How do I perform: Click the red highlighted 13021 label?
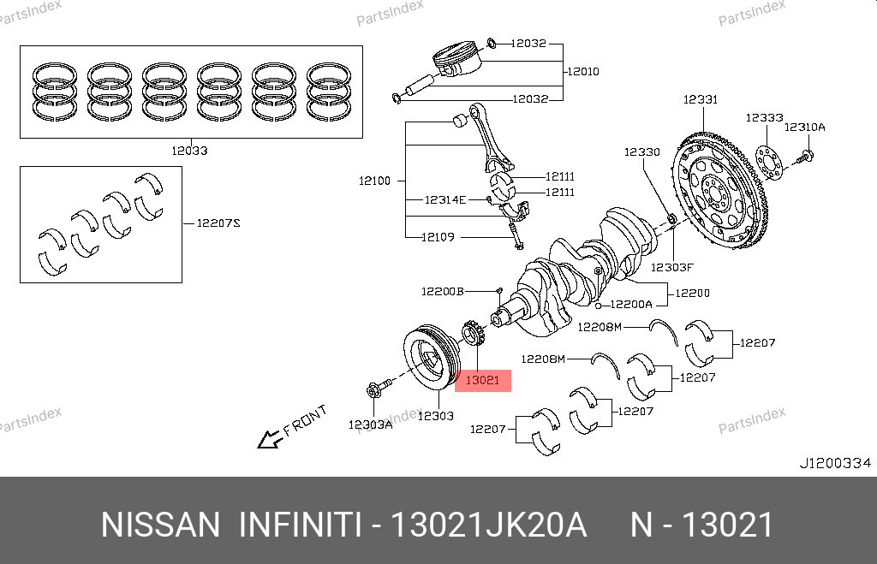click(483, 381)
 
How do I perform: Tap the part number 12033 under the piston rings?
click(189, 151)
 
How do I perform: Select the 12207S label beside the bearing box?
click(218, 223)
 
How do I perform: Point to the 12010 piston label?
click(583, 72)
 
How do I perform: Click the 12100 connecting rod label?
click(375, 181)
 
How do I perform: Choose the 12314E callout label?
click(445, 199)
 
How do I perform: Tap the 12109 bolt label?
click(438, 237)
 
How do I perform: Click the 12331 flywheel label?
click(701, 99)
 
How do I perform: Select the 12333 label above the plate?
click(765, 118)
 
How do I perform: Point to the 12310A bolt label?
click(805, 128)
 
